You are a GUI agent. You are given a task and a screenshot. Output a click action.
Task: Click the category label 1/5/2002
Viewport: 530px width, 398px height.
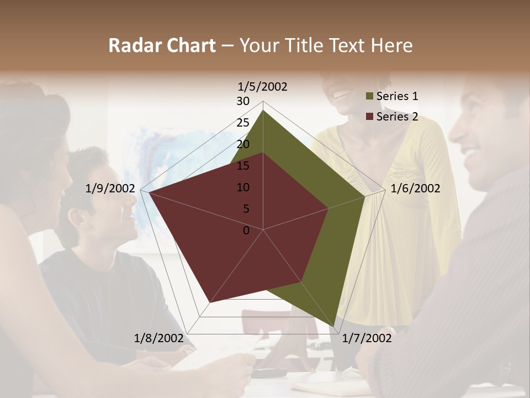point(262,87)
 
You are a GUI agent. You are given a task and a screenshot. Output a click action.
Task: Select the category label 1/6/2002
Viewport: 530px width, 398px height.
point(415,188)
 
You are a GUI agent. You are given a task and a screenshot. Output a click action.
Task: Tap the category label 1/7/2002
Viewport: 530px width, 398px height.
point(367,338)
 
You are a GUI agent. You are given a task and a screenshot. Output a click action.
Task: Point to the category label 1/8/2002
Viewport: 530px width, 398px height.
point(159,338)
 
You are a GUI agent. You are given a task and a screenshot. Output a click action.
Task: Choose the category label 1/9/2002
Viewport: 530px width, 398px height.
point(110,188)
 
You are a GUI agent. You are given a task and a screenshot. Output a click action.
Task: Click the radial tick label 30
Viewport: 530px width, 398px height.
point(243,101)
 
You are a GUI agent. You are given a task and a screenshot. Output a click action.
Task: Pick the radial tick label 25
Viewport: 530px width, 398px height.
point(243,123)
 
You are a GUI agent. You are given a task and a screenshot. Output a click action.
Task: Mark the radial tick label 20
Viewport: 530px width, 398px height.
point(243,144)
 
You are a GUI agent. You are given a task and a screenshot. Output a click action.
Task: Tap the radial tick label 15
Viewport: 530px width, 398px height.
point(243,166)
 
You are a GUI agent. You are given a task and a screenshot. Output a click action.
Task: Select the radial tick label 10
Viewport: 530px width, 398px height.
point(243,187)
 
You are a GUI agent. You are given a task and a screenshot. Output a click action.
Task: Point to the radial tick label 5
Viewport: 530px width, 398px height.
point(246,209)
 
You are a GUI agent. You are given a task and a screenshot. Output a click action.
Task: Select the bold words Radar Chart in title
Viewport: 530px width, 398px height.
point(162,46)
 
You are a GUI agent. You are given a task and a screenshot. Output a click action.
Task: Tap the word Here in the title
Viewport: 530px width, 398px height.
point(392,46)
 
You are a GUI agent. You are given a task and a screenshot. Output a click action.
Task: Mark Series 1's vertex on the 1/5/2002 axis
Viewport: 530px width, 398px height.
point(263,110)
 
